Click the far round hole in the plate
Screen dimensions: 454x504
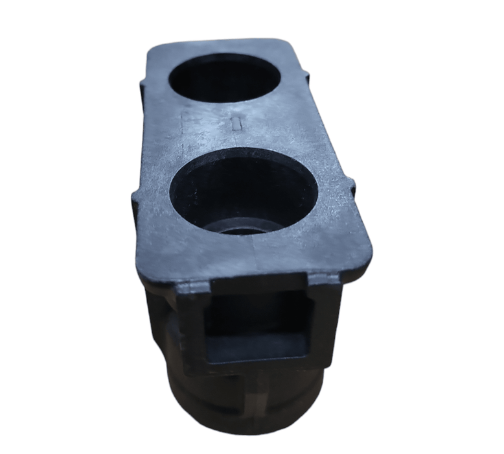224,77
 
